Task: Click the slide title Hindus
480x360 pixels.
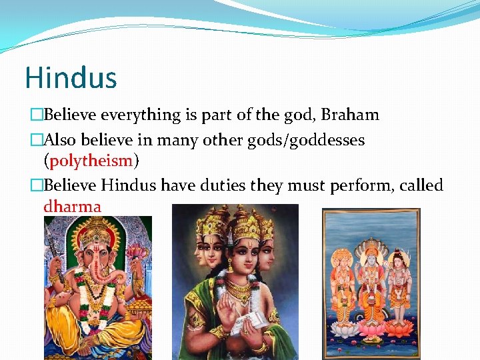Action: coord(71,77)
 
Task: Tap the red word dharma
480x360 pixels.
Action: coord(72,206)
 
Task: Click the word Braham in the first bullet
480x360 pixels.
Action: coord(350,115)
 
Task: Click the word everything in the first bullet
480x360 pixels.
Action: coord(141,115)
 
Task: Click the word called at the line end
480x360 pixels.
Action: coord(422,185)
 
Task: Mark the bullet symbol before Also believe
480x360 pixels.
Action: coord(36,141)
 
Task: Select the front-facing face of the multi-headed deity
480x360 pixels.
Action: coord(241,254)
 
